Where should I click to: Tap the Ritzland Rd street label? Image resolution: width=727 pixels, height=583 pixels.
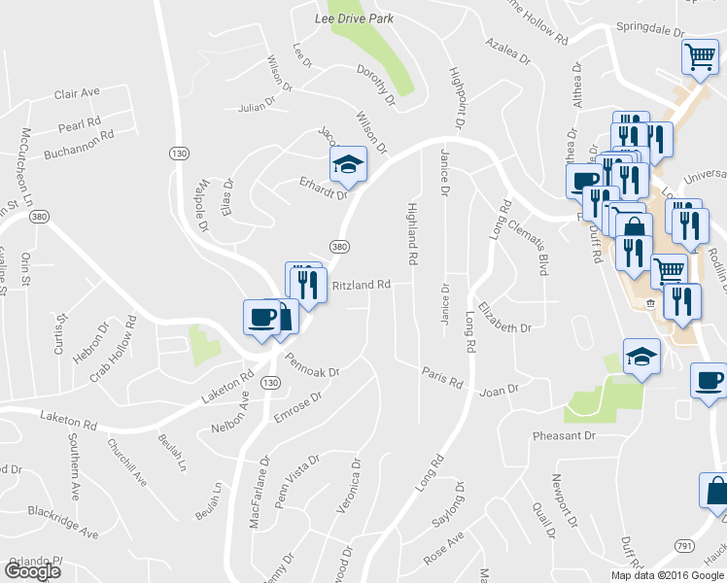361,286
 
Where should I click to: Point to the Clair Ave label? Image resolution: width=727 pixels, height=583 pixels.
78,93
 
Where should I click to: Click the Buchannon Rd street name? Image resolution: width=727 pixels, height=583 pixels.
79,145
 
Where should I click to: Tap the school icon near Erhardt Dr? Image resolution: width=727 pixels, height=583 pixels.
347,164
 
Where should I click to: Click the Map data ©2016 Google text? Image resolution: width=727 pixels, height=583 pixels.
668,575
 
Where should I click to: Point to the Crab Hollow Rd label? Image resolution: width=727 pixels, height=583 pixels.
113,349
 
